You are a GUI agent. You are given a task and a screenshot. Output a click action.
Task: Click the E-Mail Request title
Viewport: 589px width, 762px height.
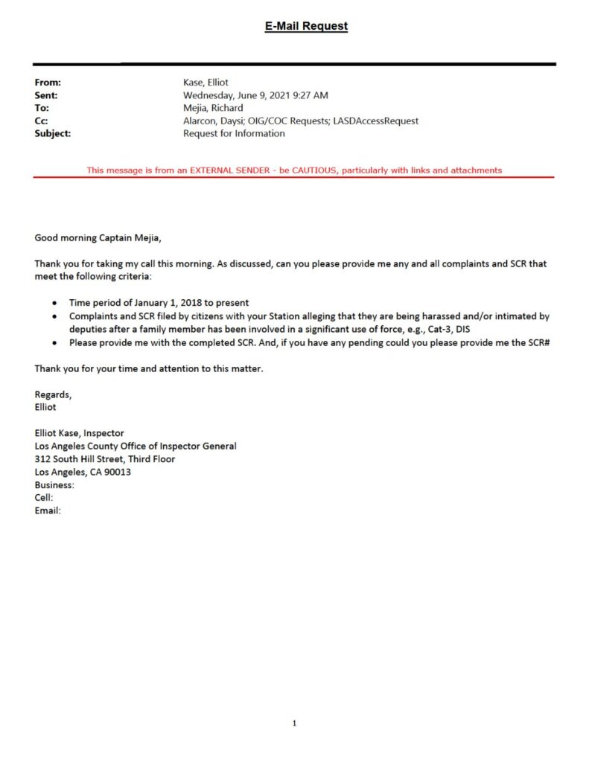tap(306, 26)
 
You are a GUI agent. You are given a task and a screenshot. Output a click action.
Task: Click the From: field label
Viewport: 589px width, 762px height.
tap(48, 83)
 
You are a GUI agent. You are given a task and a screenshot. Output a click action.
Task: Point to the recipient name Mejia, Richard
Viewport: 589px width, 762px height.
tap(213, 109)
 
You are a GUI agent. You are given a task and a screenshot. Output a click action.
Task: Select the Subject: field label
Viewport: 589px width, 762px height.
tap(53, 133)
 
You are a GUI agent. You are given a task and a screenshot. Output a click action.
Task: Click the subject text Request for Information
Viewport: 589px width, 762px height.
tap(234, 133)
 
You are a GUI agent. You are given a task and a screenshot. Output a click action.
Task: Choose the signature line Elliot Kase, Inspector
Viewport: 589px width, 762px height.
tap(80, 433)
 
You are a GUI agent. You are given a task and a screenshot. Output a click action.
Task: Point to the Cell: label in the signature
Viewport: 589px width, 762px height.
tap(44, 498)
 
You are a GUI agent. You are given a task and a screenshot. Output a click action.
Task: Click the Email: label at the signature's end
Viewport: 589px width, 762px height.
tap(48, 510)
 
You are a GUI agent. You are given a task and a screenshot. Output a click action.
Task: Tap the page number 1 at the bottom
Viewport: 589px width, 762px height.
tap(294, 723)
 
